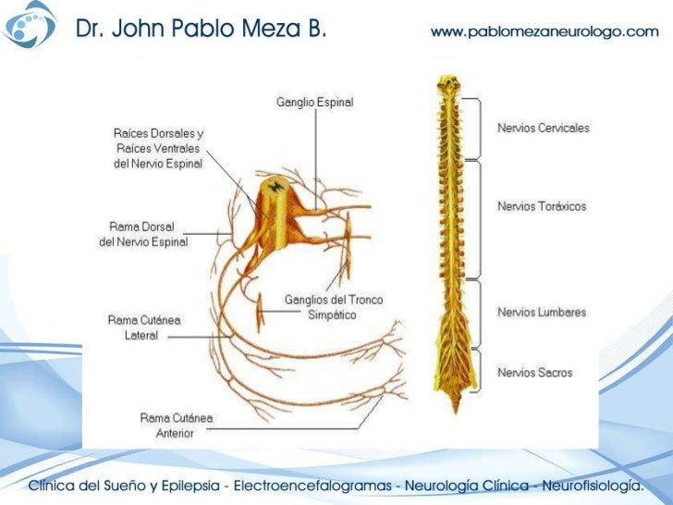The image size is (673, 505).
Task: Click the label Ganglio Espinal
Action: click(x=314, y=102)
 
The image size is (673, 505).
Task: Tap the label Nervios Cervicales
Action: click(x=543, y=128)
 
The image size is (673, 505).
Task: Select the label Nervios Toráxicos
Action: click(x=542, y=206)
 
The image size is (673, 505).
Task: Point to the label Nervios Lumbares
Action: click(x=542, y=313)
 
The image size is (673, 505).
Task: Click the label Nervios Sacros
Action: click(x=534, y=373)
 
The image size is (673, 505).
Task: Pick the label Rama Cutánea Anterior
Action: click(x=177, y=425)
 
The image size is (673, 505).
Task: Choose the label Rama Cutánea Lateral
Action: click(x=144, y=327)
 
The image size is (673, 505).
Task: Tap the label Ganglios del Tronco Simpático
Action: click(x=333, y=307)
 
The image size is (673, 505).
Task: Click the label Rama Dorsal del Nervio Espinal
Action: click(x=143, y=234)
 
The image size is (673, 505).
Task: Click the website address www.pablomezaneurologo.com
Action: click(x=545, y=31)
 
